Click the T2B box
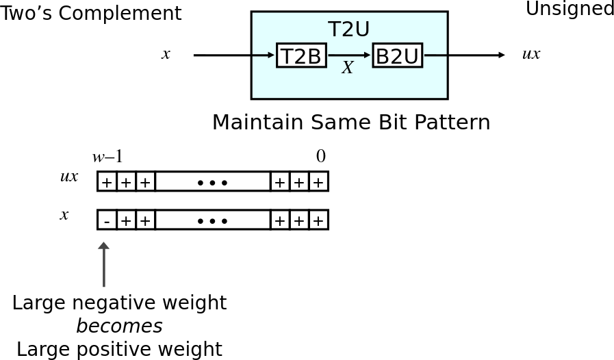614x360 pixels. tap(301, 55)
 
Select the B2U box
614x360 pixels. tap(398, 55)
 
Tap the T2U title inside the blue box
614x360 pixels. tap(348, 29)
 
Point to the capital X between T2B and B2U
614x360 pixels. tap(347, 68)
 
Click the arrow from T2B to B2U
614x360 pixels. tap(349, 55)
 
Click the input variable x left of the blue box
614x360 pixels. tap(166, 54)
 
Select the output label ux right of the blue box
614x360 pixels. tap(531, 54)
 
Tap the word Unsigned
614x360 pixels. tap(570, 9)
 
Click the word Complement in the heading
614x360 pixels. tap(120, 14)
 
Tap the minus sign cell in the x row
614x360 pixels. tap(107, 220)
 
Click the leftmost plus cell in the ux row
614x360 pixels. tap(107, 182)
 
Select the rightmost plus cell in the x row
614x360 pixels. tap(319, 220)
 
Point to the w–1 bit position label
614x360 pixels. tap(107, 157)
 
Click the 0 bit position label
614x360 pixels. tap(321, 156)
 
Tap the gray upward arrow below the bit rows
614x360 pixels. tap(104, 264)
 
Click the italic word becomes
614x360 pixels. tap(119, 326)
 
